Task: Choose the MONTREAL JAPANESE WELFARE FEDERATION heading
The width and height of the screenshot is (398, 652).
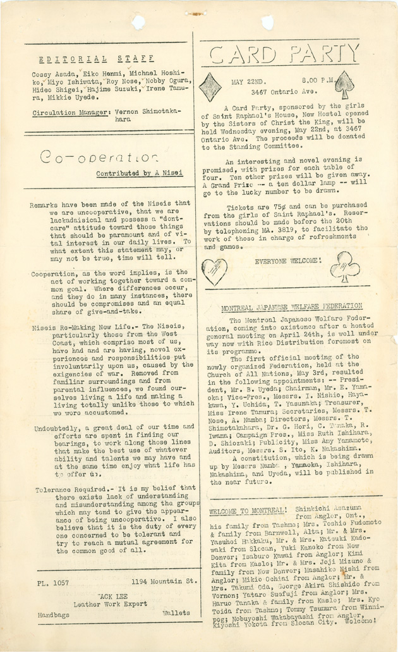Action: pyautogui.click(x=291, y=308)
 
